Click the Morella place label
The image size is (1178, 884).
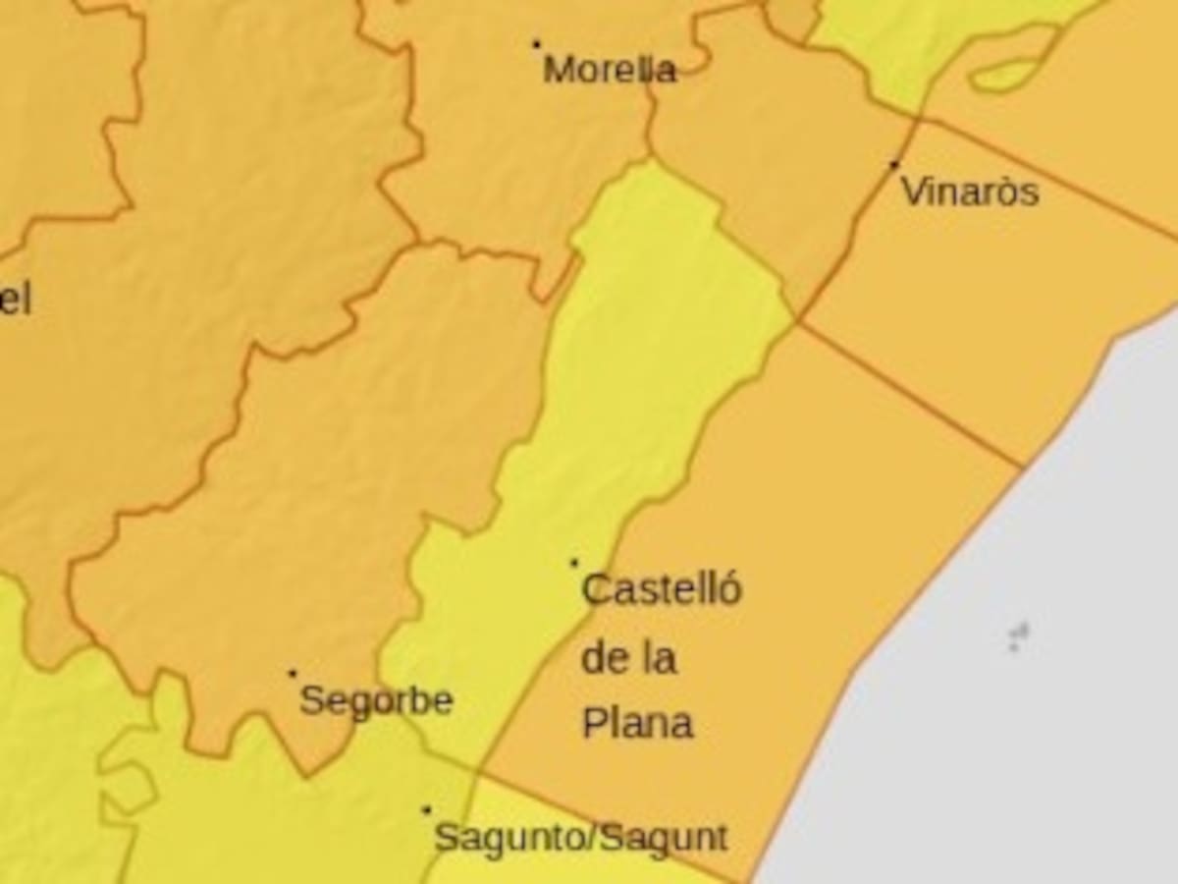[610, 70]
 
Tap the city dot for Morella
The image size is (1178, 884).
[536, 44]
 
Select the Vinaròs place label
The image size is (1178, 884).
[970, 192]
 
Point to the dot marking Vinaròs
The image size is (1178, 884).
[894, 165]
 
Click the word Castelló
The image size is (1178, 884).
[662, 590]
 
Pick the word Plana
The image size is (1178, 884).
[638, 724]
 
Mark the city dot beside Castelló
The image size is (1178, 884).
[574, 563]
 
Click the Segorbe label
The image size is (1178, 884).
[376, 701]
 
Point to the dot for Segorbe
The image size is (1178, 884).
[292, 674]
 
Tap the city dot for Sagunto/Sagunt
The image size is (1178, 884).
[426, 810]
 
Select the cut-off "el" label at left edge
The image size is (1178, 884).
[15, 300]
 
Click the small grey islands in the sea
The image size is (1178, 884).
[1018, 636]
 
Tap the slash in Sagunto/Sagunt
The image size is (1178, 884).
[592, 838]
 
